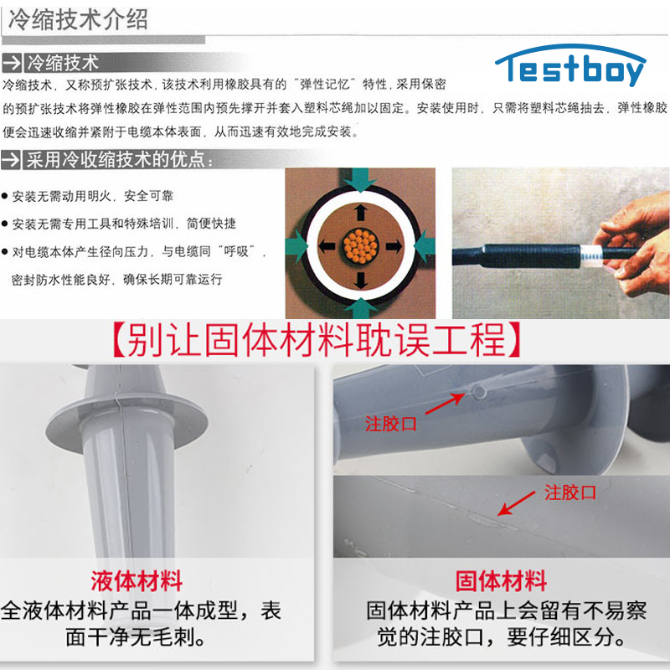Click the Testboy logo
pos(570,65)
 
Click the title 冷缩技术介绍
pos(78,19)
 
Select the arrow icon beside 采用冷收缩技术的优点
pos(11,160)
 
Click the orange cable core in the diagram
pos(361,246)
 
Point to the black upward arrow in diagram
pos(361,212)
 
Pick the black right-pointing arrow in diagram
pos(394,246)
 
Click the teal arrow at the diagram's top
pos(361,179)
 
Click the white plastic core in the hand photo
pos(592,255)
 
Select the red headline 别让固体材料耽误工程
pos(317,340)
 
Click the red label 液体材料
pos(137,580)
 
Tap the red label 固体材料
pos(501,580)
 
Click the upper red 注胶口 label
pos(390,424)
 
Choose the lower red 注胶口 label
pos(570,492)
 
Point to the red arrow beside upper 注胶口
pos(446,404)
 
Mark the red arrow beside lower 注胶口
pos(517,503)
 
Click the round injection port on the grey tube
pos(478,391)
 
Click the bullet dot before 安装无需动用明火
pos(5,196)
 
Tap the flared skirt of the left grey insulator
pos(127,423)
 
